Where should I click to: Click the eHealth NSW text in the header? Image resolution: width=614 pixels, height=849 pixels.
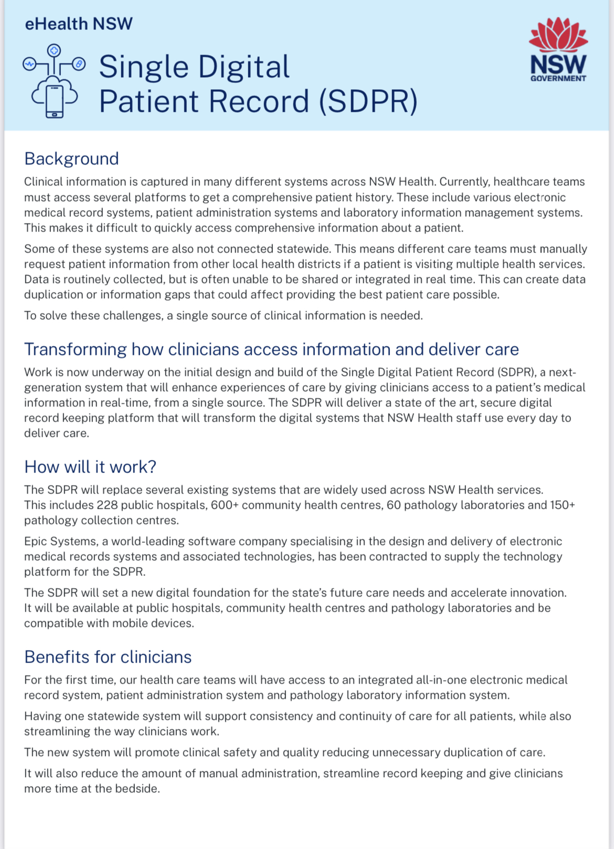pos(79,24)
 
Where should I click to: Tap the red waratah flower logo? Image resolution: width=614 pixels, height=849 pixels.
pos(558,35)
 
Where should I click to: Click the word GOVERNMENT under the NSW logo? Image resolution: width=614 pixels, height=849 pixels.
pos(558,79)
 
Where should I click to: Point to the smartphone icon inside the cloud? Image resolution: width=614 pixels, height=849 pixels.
pos(55,100)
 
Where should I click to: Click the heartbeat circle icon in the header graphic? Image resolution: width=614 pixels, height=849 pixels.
pos(30,64)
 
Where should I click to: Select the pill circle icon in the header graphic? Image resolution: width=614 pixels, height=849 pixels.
pos(79,64)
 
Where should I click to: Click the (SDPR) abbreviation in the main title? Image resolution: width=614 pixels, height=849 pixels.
pos(368,101)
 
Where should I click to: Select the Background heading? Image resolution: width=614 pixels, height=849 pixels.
pos(71,159)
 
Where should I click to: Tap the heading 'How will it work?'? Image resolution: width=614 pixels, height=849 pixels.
pos(90,467)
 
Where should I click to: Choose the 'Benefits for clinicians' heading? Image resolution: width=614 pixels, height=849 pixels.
pos(108,657)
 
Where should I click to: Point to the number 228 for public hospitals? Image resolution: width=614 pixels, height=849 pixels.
pos(107,505)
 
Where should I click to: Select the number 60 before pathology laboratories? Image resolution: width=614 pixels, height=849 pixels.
pos(394,505)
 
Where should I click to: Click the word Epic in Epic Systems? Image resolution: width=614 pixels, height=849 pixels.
pos(35,541)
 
